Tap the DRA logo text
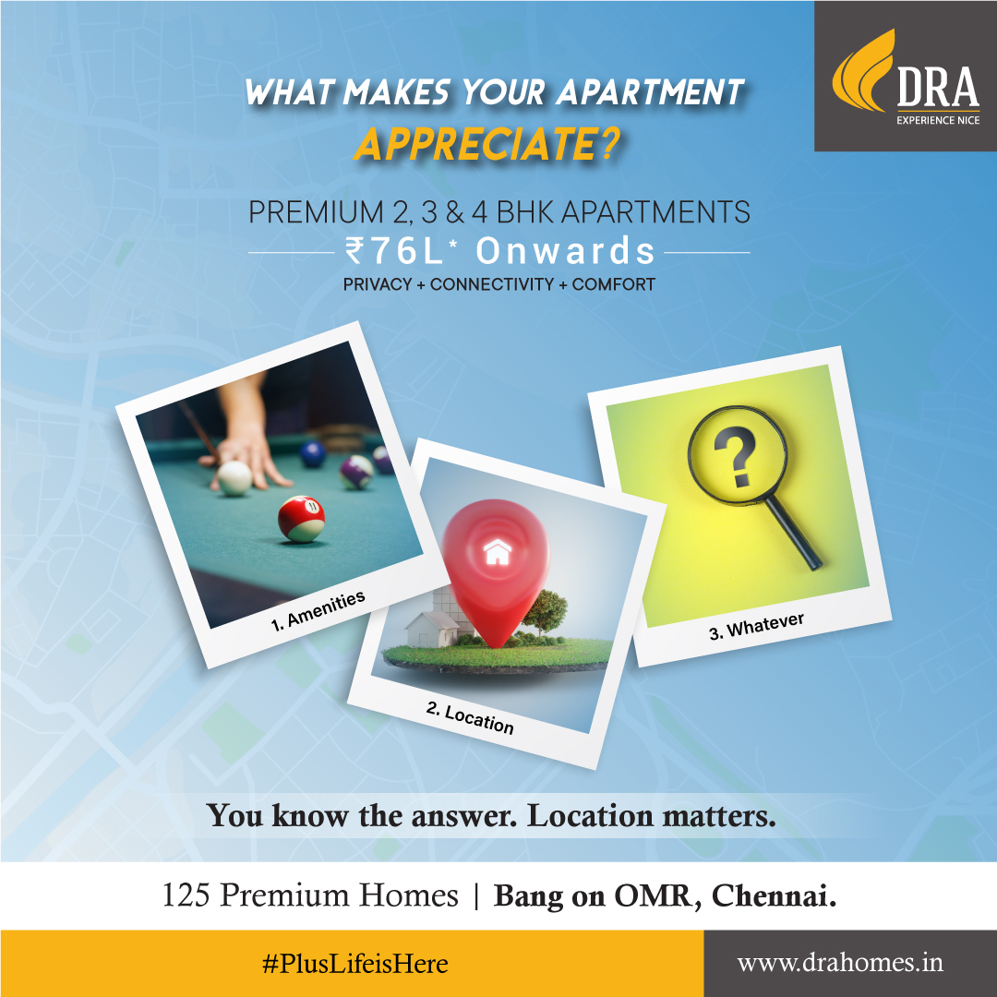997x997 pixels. [x=938, y=87]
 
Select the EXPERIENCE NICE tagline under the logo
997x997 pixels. [x=938, y=120]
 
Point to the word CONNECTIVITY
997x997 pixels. [x=492, y=284]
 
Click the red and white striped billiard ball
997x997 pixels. [x=301, y=519]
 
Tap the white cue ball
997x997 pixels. [x=234, y=478]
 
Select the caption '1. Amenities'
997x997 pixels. [x=318, y=610]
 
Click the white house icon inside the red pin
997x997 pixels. [x=498, y=552]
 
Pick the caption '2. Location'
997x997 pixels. [x=470, y=718]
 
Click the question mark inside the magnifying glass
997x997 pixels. [x=736, y=456]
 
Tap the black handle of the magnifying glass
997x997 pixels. [x=794, y=533]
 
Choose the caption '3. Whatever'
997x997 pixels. [x=757, y=626]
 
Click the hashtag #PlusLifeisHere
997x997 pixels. [x=354, y=964]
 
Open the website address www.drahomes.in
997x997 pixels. [x=840, y=963]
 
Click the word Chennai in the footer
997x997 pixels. [x=774, y=896]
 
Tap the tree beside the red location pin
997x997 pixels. [x=545, y=612]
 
